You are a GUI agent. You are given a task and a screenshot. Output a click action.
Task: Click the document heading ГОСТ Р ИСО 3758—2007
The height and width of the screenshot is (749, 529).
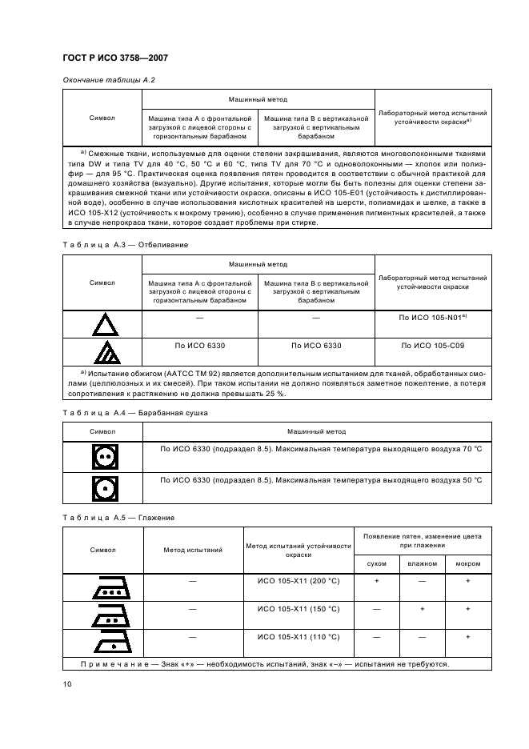tap(114, 58)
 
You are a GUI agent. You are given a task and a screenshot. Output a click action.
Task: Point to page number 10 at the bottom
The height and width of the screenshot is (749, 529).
tap(66, 683)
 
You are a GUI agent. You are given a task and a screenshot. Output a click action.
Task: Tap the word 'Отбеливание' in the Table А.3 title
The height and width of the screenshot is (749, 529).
tap(163, 244)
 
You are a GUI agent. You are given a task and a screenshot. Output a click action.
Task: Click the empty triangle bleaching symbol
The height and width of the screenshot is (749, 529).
tap(102, 326)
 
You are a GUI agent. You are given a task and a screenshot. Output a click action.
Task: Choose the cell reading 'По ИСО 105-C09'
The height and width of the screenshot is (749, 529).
tap(433, 345)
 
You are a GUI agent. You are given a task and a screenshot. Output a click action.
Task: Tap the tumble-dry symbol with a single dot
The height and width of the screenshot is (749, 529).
tap(102, 487)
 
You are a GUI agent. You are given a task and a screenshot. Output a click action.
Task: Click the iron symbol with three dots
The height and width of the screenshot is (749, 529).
tap(102, 587)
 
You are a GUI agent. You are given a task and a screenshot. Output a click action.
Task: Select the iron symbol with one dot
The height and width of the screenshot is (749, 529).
tap(102, 643)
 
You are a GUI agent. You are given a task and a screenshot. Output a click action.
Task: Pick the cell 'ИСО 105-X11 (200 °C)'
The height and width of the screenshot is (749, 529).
tap(299, 581)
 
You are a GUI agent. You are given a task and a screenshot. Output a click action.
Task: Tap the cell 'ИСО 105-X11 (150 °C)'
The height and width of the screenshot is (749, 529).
tap(299, 609)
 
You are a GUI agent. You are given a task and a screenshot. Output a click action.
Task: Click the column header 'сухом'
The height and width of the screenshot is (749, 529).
tap(376, 563)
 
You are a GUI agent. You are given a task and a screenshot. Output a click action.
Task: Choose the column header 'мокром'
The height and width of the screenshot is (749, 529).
tap(467, 563)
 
